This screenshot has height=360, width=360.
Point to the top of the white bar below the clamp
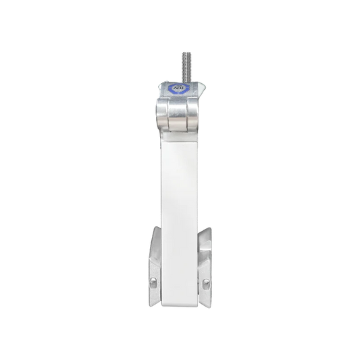(x=180, y=135)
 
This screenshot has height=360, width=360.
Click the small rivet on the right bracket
(x=207, y=282)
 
